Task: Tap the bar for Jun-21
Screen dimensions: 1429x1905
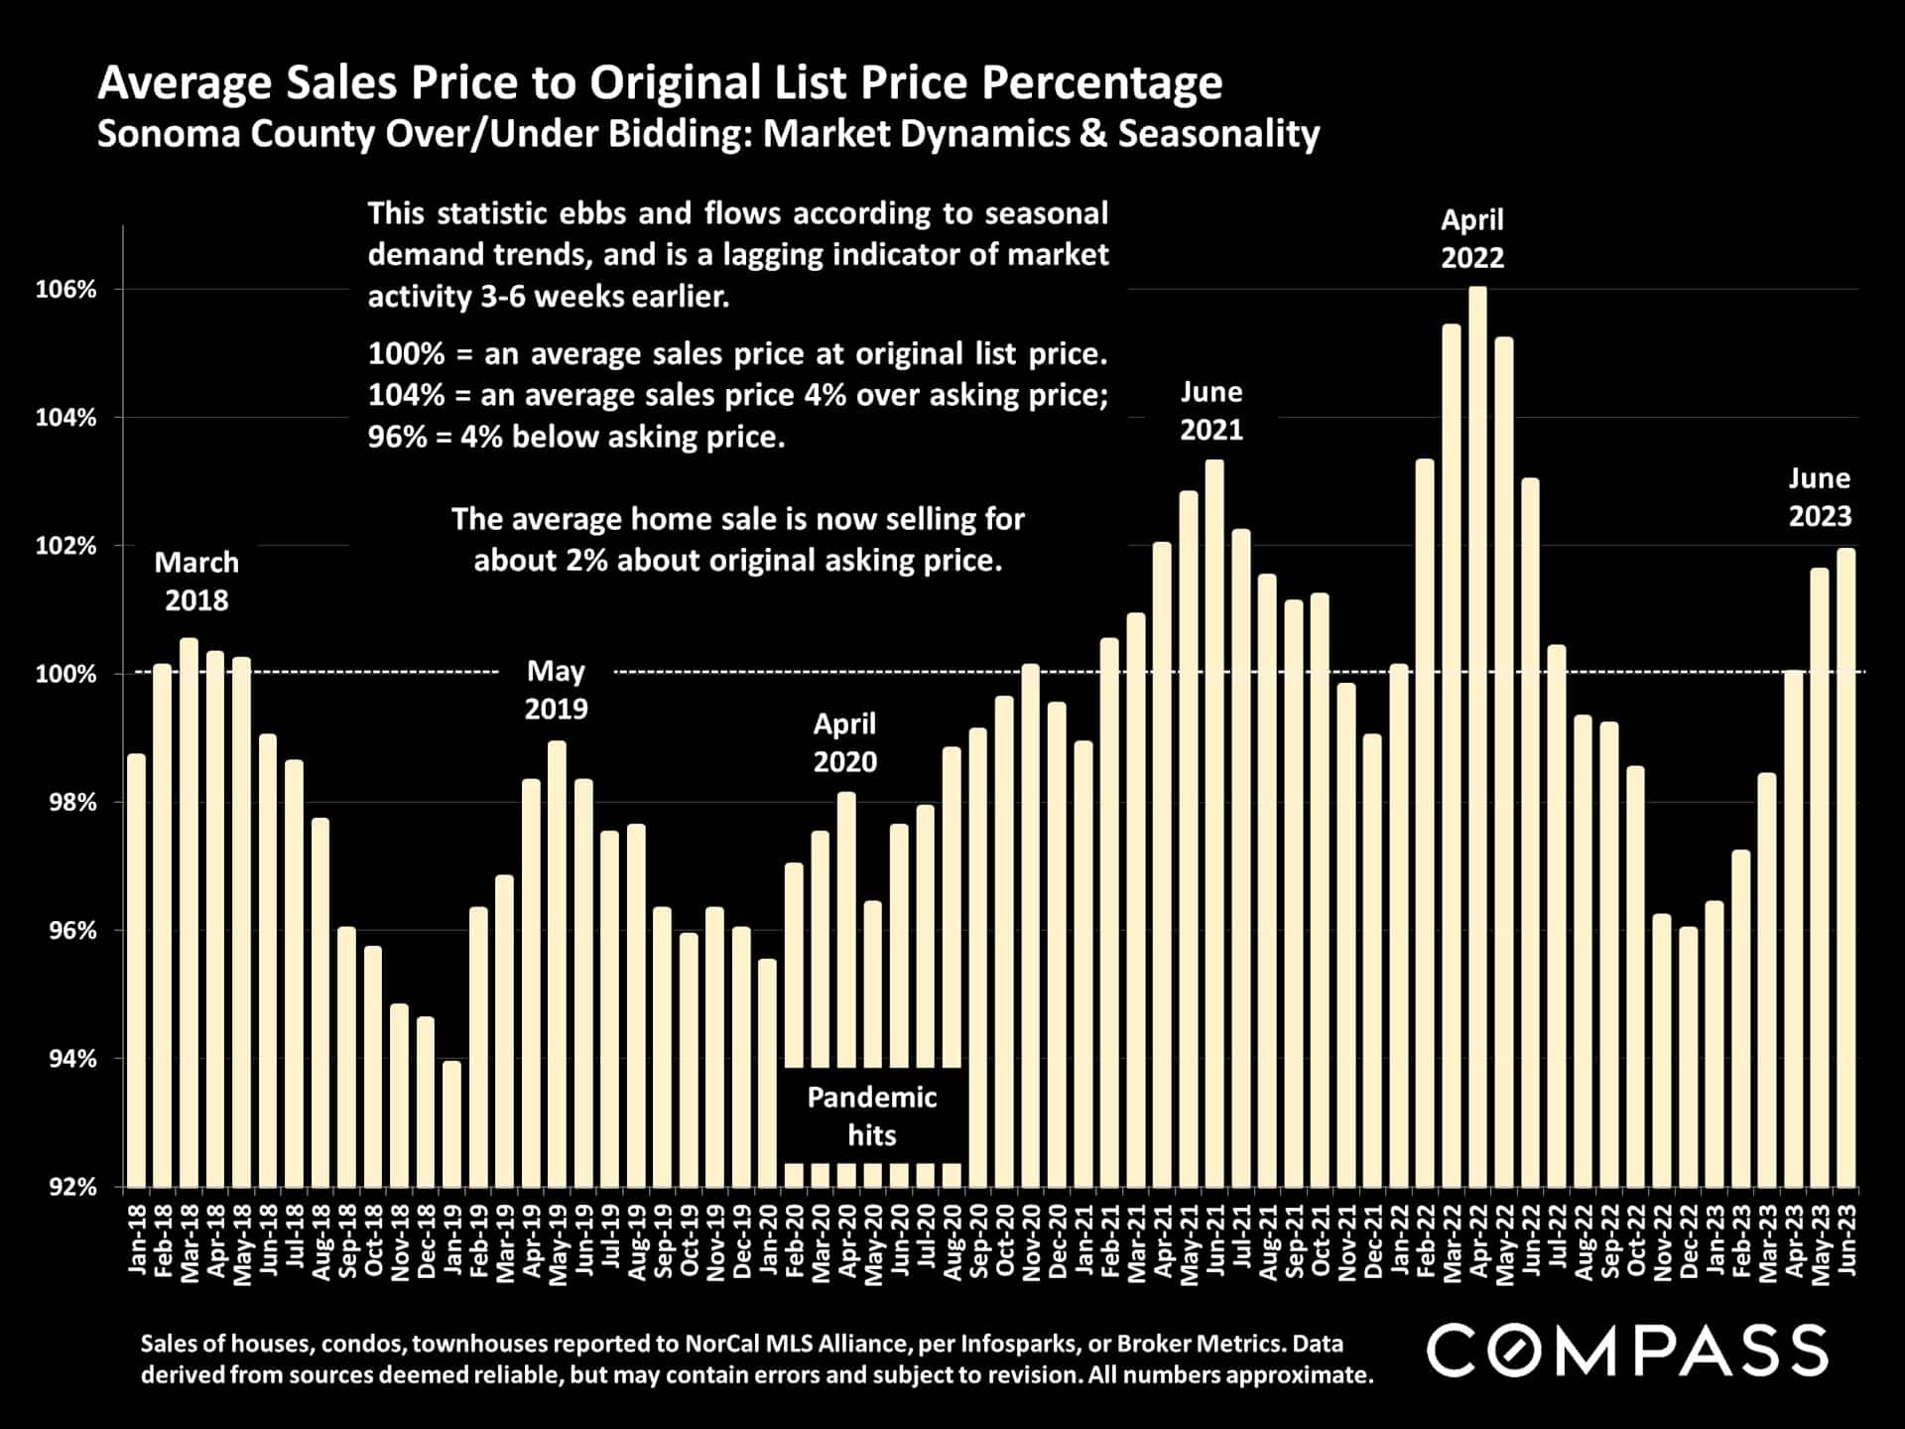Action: click(x=1214, y=824)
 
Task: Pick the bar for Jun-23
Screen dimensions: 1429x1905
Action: click(x=1845, y=867)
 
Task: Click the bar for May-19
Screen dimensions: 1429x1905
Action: click(x=557, y=964)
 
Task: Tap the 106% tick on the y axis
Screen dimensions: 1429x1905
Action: click(x=66, y=290)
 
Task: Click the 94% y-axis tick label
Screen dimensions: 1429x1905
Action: click(x=72, y=1059)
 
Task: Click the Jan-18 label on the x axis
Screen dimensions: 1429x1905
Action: click(x=137, y=1239)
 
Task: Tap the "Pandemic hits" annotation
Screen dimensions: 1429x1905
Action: click(x=871, y=1115)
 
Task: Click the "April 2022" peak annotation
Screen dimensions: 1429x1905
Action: click(x=1472, y=238)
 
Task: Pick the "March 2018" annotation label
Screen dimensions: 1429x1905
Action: click(x=196, y=582)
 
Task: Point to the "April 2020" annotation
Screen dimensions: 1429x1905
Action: click(x=844, y=742)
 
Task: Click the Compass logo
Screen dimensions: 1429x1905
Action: click(x=1626, y=1351)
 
